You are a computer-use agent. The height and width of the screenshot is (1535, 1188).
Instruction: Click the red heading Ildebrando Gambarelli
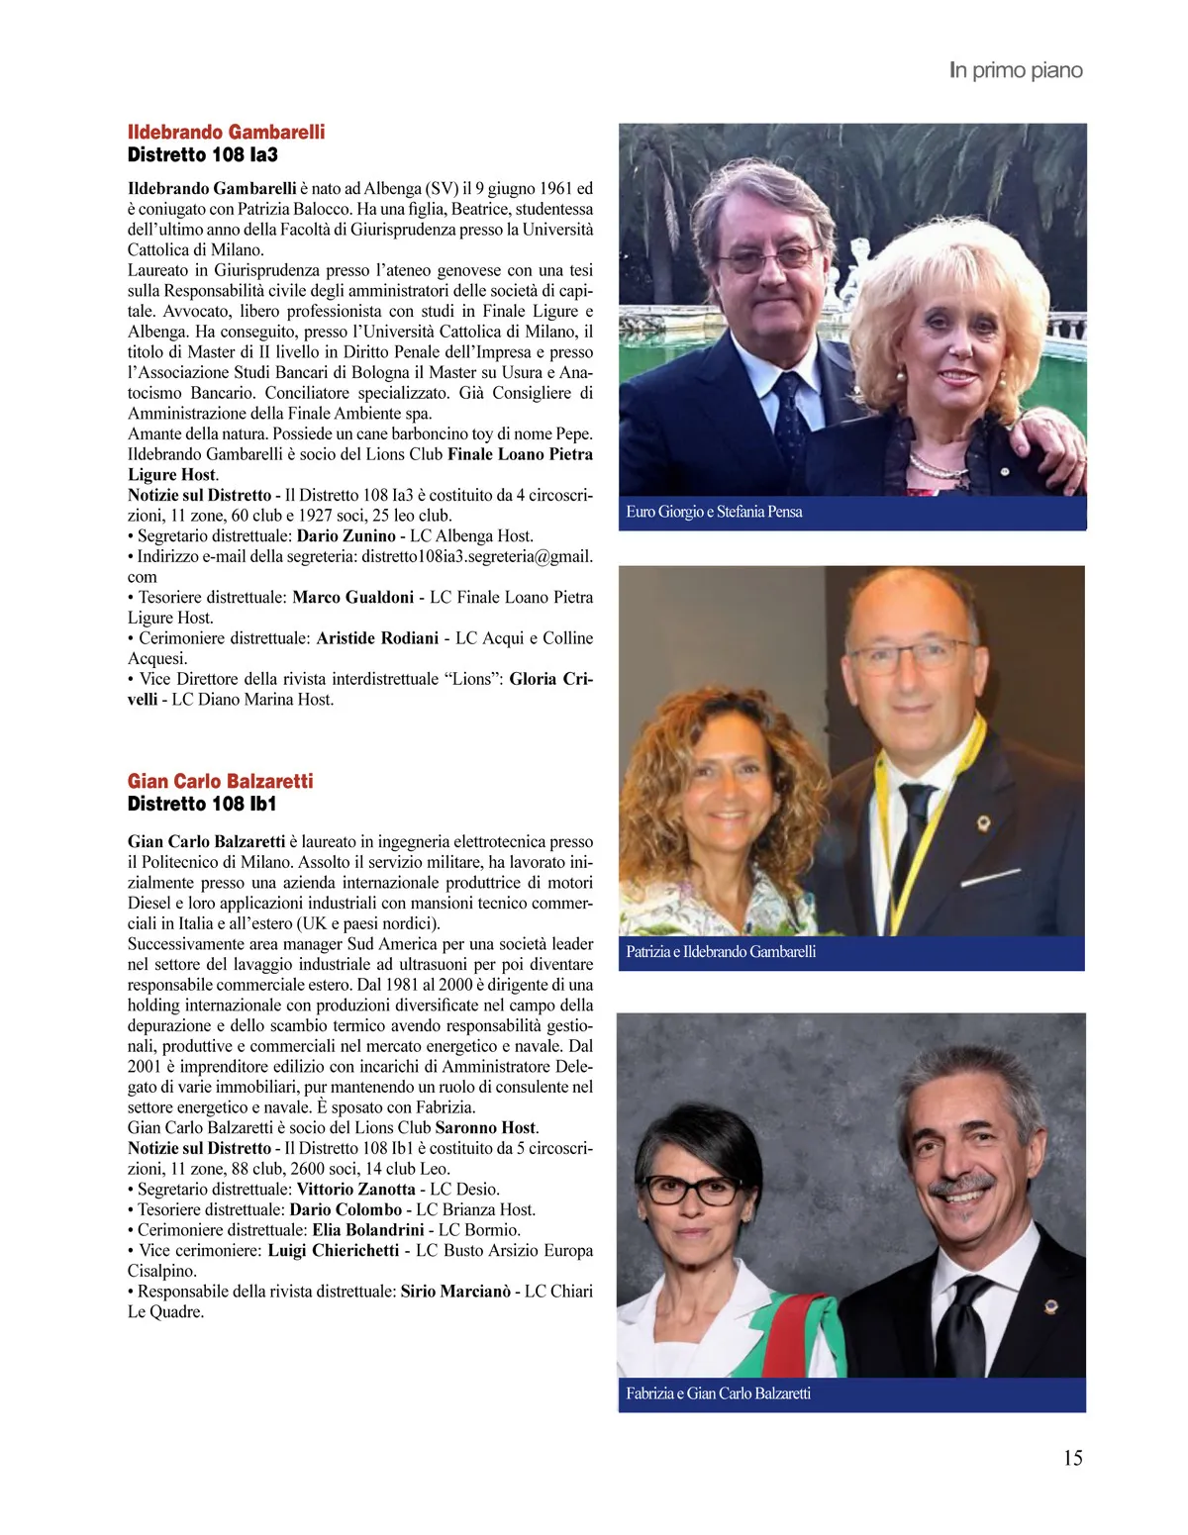point(226,133)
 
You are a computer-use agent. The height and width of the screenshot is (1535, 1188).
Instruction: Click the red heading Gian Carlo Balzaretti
point(220,782)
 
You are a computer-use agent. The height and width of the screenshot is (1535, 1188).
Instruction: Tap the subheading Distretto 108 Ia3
point(202,155)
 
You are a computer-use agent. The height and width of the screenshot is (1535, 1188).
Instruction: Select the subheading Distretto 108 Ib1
point(202,805)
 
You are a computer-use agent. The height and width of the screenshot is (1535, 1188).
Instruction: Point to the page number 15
point(1072,1458)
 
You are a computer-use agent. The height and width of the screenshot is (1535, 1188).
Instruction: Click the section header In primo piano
point(1016,70)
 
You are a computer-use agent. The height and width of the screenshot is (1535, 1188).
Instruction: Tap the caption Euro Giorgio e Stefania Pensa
point(714,512)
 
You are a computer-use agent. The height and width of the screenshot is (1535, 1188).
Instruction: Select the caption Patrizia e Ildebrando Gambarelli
point(721,952)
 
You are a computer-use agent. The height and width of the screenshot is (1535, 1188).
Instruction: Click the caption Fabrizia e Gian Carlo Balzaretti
point(718,1393)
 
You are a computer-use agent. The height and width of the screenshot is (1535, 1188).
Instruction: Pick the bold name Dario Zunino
point(346,536)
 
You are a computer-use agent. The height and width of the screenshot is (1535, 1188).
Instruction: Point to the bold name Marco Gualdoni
point(352,598)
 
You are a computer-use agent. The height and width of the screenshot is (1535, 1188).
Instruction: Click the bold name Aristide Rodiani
point(377,638)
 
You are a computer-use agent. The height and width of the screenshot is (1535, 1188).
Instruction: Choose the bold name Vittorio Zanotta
point(355,1190)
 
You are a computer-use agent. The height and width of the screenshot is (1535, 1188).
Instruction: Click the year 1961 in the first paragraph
point(550,189)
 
